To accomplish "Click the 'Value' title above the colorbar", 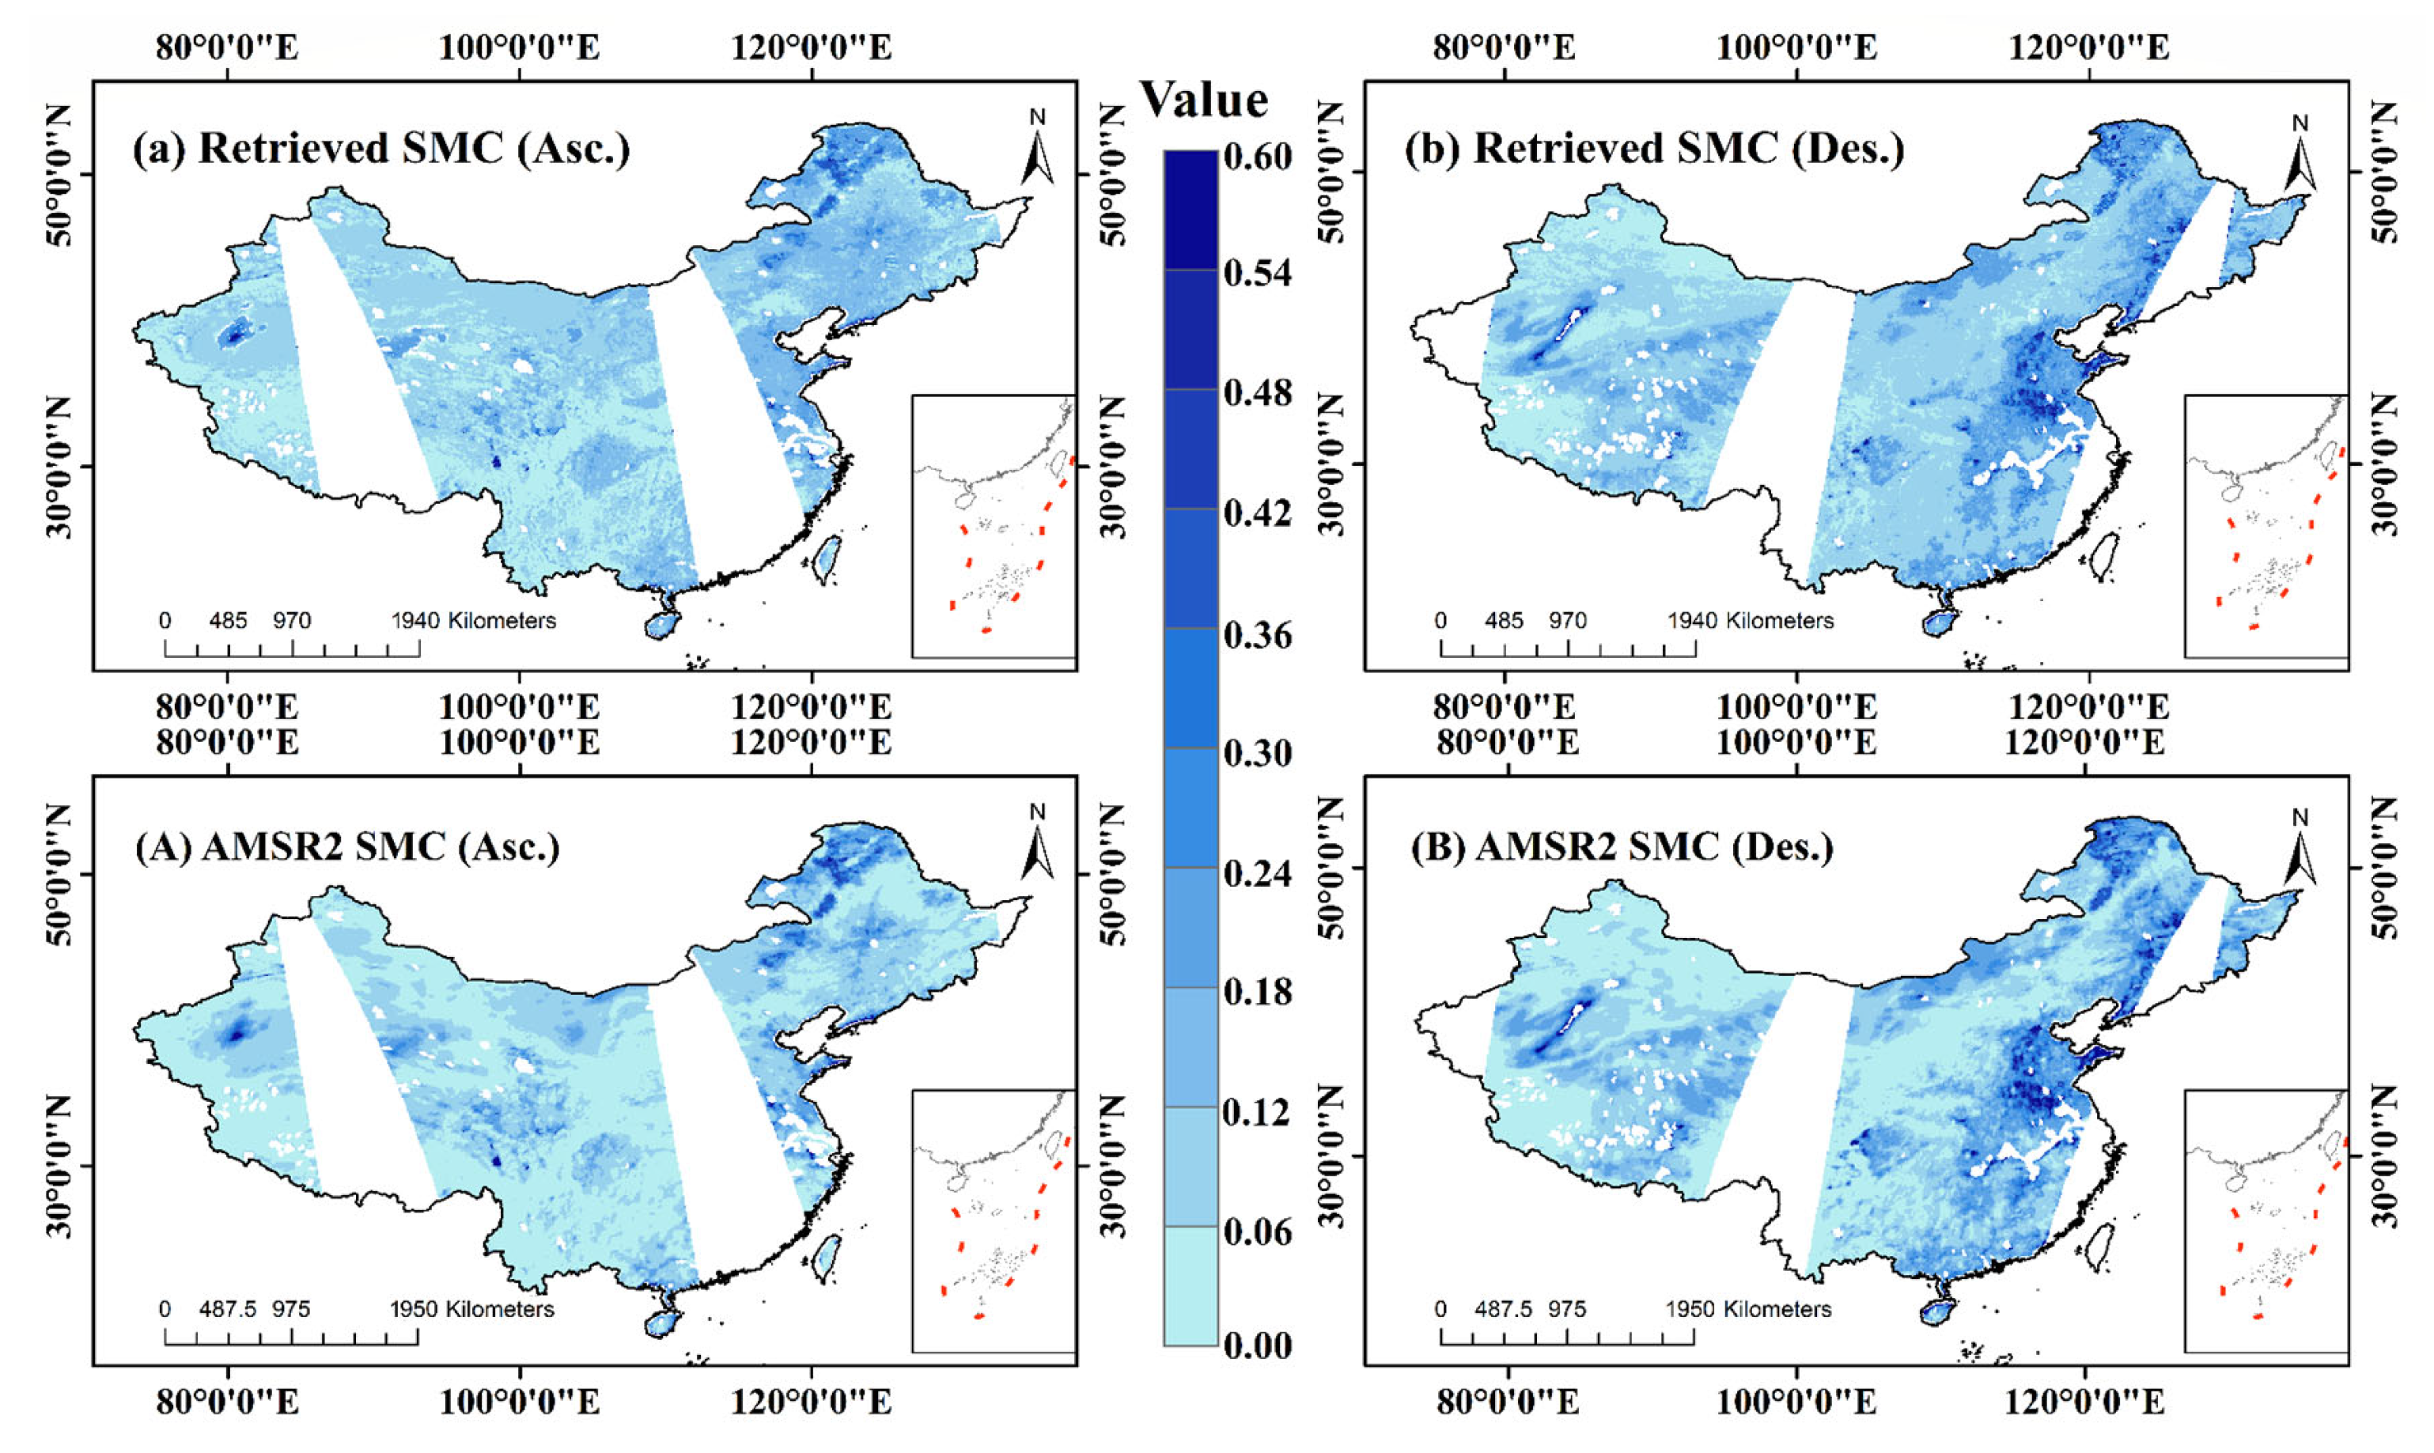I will (x=1204, y=100).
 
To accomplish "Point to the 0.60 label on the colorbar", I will (x=1257, y=157).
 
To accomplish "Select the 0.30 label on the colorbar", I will (x=1257, y=753).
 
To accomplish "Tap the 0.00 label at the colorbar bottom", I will (x=1257, y=1345).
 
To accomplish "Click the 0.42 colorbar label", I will (x=1257, y=513).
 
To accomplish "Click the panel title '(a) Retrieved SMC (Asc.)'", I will (x=380, y=149).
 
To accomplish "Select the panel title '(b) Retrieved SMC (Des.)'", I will (x=1654, y=149).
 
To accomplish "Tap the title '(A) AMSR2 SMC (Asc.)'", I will (x=346, y=846).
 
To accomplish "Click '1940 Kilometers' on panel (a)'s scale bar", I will (x=474, y=621).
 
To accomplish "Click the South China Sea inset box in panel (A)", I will (x=993, y=1221).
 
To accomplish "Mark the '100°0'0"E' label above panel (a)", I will (x=519, y=47).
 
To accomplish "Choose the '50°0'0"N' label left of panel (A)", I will (x=58, y=874).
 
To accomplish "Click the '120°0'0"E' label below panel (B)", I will (x=2084, y=1402).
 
